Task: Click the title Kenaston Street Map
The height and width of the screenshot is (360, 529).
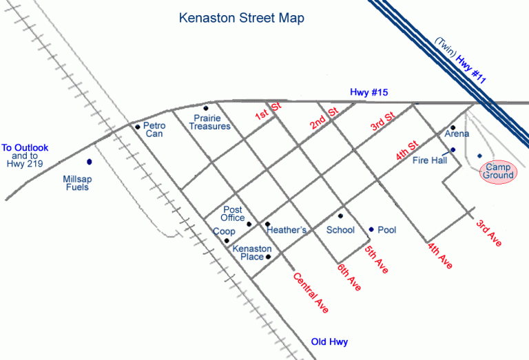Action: [241, 18]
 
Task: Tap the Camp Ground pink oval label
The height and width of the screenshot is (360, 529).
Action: [497, 171]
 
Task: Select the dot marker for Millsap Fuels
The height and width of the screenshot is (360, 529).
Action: [89, 162]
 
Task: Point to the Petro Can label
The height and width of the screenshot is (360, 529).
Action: [154, 130]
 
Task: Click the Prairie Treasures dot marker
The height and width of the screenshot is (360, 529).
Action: [205, 108]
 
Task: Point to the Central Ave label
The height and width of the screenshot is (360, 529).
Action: [311, 293]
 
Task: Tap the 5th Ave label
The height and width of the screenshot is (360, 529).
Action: [376, 260]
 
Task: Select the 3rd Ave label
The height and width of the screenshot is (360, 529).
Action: [489, 233]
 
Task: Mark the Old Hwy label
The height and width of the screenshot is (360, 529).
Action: [329, 342]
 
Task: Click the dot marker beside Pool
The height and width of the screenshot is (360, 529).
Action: [371, 230]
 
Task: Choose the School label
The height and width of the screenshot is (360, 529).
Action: [340, 230]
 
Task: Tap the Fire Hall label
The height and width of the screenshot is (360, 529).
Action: [430, 160]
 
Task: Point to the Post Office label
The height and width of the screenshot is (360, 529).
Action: [233, 213]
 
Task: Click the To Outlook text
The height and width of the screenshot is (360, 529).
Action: [25, 148]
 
